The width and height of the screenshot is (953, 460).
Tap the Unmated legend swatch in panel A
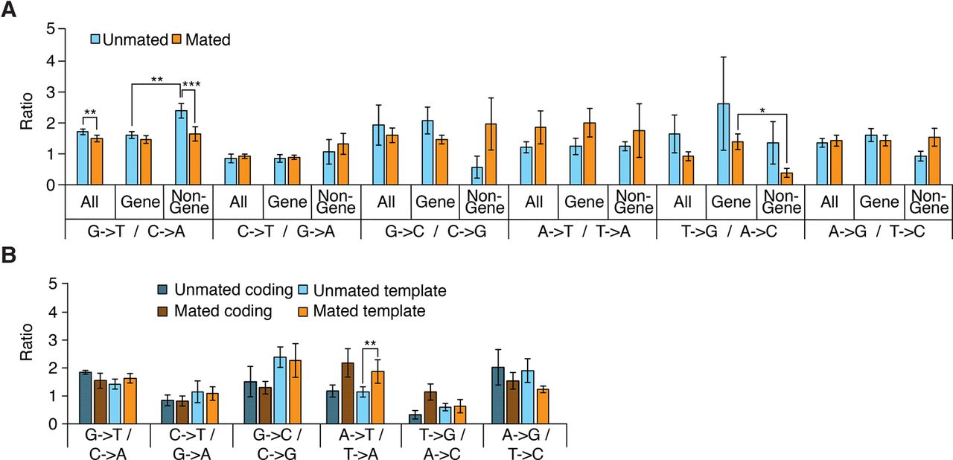pos(97,39)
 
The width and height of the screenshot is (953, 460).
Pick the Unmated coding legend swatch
pos(162,290)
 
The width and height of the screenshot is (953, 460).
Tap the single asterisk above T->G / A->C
pos(762,110)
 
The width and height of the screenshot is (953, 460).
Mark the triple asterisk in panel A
pos(193,86)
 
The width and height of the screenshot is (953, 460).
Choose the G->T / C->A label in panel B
pos(109,444)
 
